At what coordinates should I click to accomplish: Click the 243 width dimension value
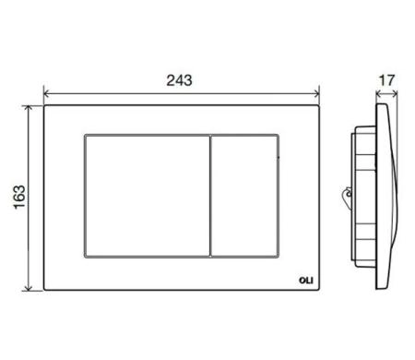pos(180,80)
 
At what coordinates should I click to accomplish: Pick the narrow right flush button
pos(245,195)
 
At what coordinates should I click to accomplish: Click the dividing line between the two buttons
pos(211,195)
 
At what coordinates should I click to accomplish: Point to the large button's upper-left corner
pos(86,138)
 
